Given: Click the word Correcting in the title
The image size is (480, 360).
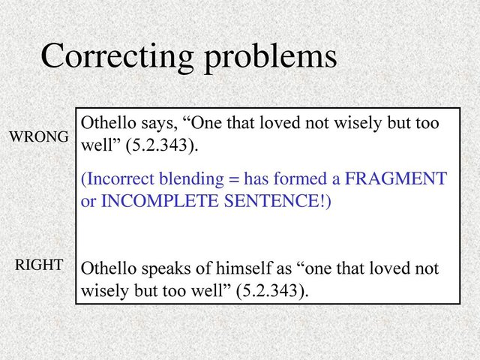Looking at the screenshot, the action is [x=118, y=57].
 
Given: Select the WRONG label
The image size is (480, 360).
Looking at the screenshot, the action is [x=39, y=136].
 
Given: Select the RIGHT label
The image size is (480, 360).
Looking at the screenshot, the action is [x=39, y=265].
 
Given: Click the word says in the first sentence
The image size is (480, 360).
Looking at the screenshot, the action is [x=160, y=124].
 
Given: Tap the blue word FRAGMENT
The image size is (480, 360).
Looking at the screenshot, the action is [x=396, y=178].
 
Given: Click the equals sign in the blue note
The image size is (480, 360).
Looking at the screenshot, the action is [x=233, y=180].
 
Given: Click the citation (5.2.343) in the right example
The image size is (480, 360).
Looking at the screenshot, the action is [x=272, y=290].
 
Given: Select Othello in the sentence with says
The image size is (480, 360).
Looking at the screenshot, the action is [x=108, y=123].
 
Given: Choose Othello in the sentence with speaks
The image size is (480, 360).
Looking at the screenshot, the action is [x=108, y=268].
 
